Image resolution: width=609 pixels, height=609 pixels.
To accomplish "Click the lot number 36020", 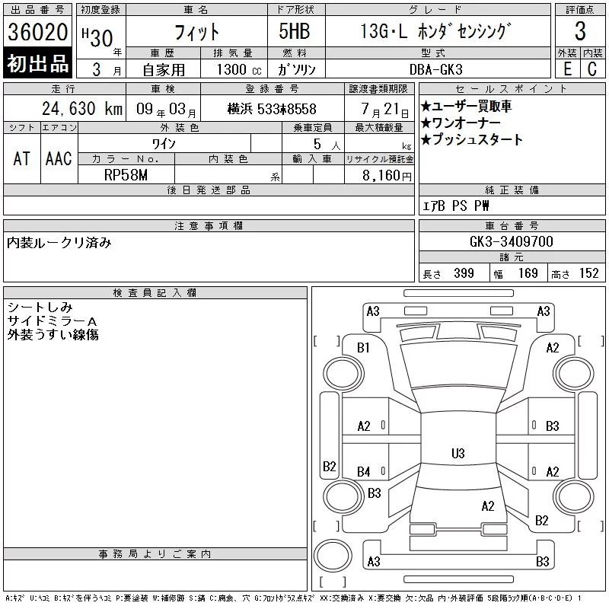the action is coord(37,31).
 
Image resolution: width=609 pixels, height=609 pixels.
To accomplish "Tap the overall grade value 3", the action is coord(580,31).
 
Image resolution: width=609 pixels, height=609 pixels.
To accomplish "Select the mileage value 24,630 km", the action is coord(82,109).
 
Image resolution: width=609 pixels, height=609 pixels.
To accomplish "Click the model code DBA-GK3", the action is coord(435,69).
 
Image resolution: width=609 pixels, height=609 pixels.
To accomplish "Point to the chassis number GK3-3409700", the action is coord(511,241).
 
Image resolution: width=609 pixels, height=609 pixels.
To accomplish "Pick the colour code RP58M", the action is coord(126,175).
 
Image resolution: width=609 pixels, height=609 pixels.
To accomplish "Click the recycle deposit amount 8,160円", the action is coord(387,176).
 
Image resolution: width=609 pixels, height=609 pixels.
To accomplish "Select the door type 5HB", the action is coord(295,31).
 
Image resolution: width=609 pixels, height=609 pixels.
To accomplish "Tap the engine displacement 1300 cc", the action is coord(239,69).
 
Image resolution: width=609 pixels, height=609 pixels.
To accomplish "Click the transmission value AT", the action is coord(22,158).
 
